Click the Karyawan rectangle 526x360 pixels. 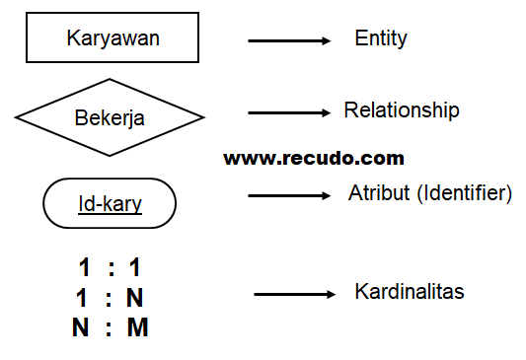[113, 39]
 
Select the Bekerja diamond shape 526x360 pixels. [110, 118]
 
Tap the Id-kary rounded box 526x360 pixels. [110, 205]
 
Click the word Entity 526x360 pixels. [381, 38]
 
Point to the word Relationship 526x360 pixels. [402, 109]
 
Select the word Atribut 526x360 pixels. [372, 193]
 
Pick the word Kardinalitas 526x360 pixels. [409, 293]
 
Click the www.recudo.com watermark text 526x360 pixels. [314, 158]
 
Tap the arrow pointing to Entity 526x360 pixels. [288, 40]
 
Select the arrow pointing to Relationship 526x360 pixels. [288, 112]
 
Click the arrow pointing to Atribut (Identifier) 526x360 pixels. [288, 196]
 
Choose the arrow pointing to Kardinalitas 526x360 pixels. [294, 295]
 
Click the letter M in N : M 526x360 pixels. [138, 327]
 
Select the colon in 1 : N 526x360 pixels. [111, 298]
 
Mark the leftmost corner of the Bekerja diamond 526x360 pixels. [16, 118]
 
